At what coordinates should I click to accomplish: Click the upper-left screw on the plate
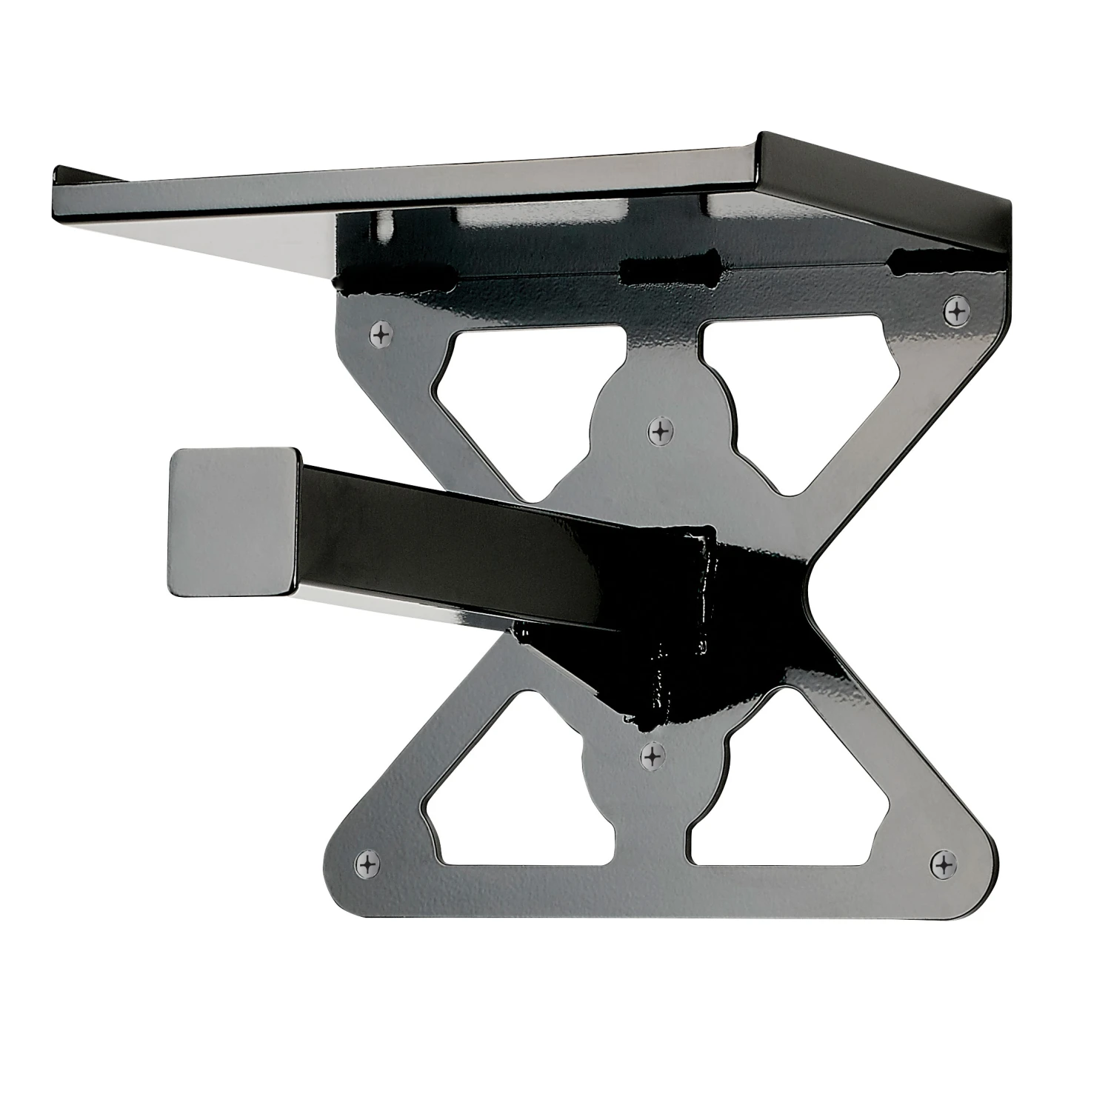coord(381,335)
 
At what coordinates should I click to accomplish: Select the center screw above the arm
coord(658,430)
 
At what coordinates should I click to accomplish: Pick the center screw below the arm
coord(653,756)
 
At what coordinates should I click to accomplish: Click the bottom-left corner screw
coord(368,864)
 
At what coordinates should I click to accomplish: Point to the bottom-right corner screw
coord(943,864)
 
